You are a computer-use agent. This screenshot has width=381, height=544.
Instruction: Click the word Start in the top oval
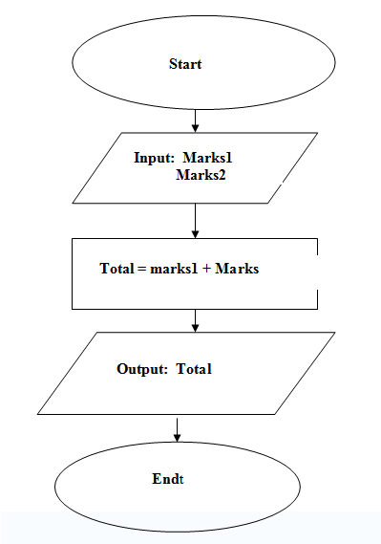(184, 64)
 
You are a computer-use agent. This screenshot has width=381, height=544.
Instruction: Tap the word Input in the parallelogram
(151, 157)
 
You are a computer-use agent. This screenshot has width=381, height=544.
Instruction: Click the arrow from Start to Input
(195, 120)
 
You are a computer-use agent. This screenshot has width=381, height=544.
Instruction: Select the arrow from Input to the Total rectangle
(195, 220)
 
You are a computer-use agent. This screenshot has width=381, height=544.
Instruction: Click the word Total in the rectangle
(116, 269)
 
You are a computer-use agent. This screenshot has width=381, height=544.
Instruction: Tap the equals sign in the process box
(141, 270)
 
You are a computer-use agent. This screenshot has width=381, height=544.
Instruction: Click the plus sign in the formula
(206, 270)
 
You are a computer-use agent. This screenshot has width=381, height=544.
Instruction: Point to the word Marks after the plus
(237, 269)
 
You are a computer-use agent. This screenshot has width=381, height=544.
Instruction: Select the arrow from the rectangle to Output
(195, 319)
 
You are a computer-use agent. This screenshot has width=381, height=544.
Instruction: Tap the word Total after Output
(194, 369)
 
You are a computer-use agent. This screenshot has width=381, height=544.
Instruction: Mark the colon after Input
(171, 159)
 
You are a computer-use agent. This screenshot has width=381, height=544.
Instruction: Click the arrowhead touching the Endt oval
(177, 438)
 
